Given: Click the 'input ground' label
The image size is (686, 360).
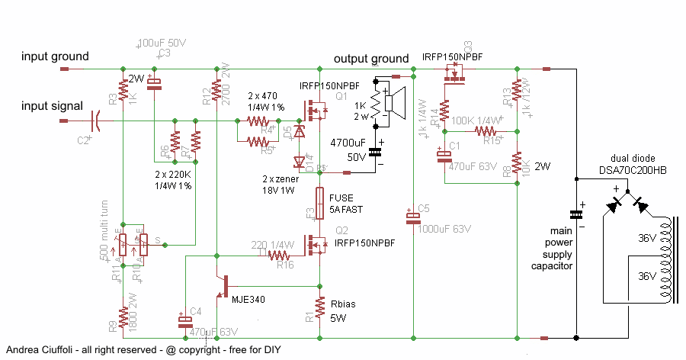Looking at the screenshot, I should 55,56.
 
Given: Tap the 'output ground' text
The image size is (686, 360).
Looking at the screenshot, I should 371,59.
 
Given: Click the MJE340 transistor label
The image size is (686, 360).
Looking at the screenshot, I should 249,300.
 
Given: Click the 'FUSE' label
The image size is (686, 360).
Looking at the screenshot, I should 341,198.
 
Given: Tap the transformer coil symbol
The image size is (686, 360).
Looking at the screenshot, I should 668,259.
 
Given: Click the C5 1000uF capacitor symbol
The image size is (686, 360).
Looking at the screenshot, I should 412,219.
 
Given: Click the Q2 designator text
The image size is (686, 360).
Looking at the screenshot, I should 341,231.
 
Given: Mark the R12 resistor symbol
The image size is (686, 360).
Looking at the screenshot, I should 217,95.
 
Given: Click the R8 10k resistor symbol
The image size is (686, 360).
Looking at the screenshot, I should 516,163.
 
